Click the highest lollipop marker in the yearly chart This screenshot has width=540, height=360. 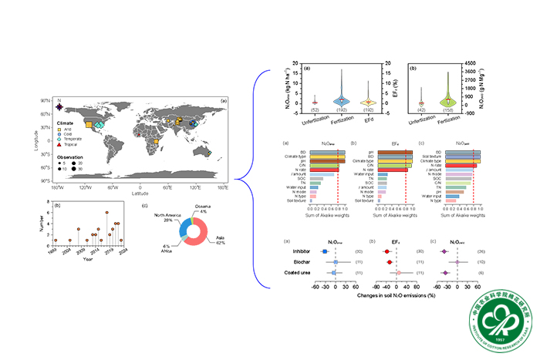coord(106,212)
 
